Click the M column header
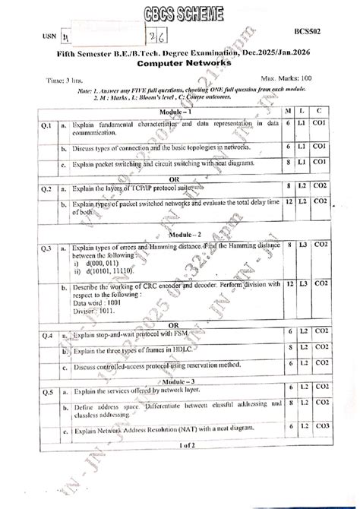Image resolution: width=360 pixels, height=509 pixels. point(288,111)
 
